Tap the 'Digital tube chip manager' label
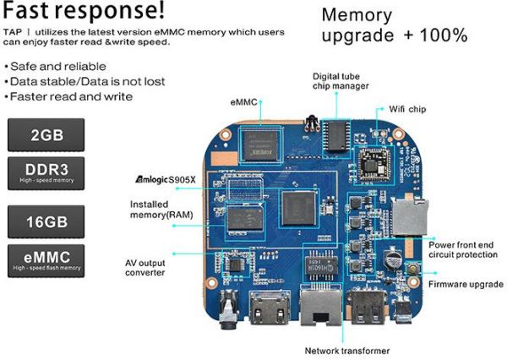click(x=341, y=81)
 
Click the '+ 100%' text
click(x=436, y=35)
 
